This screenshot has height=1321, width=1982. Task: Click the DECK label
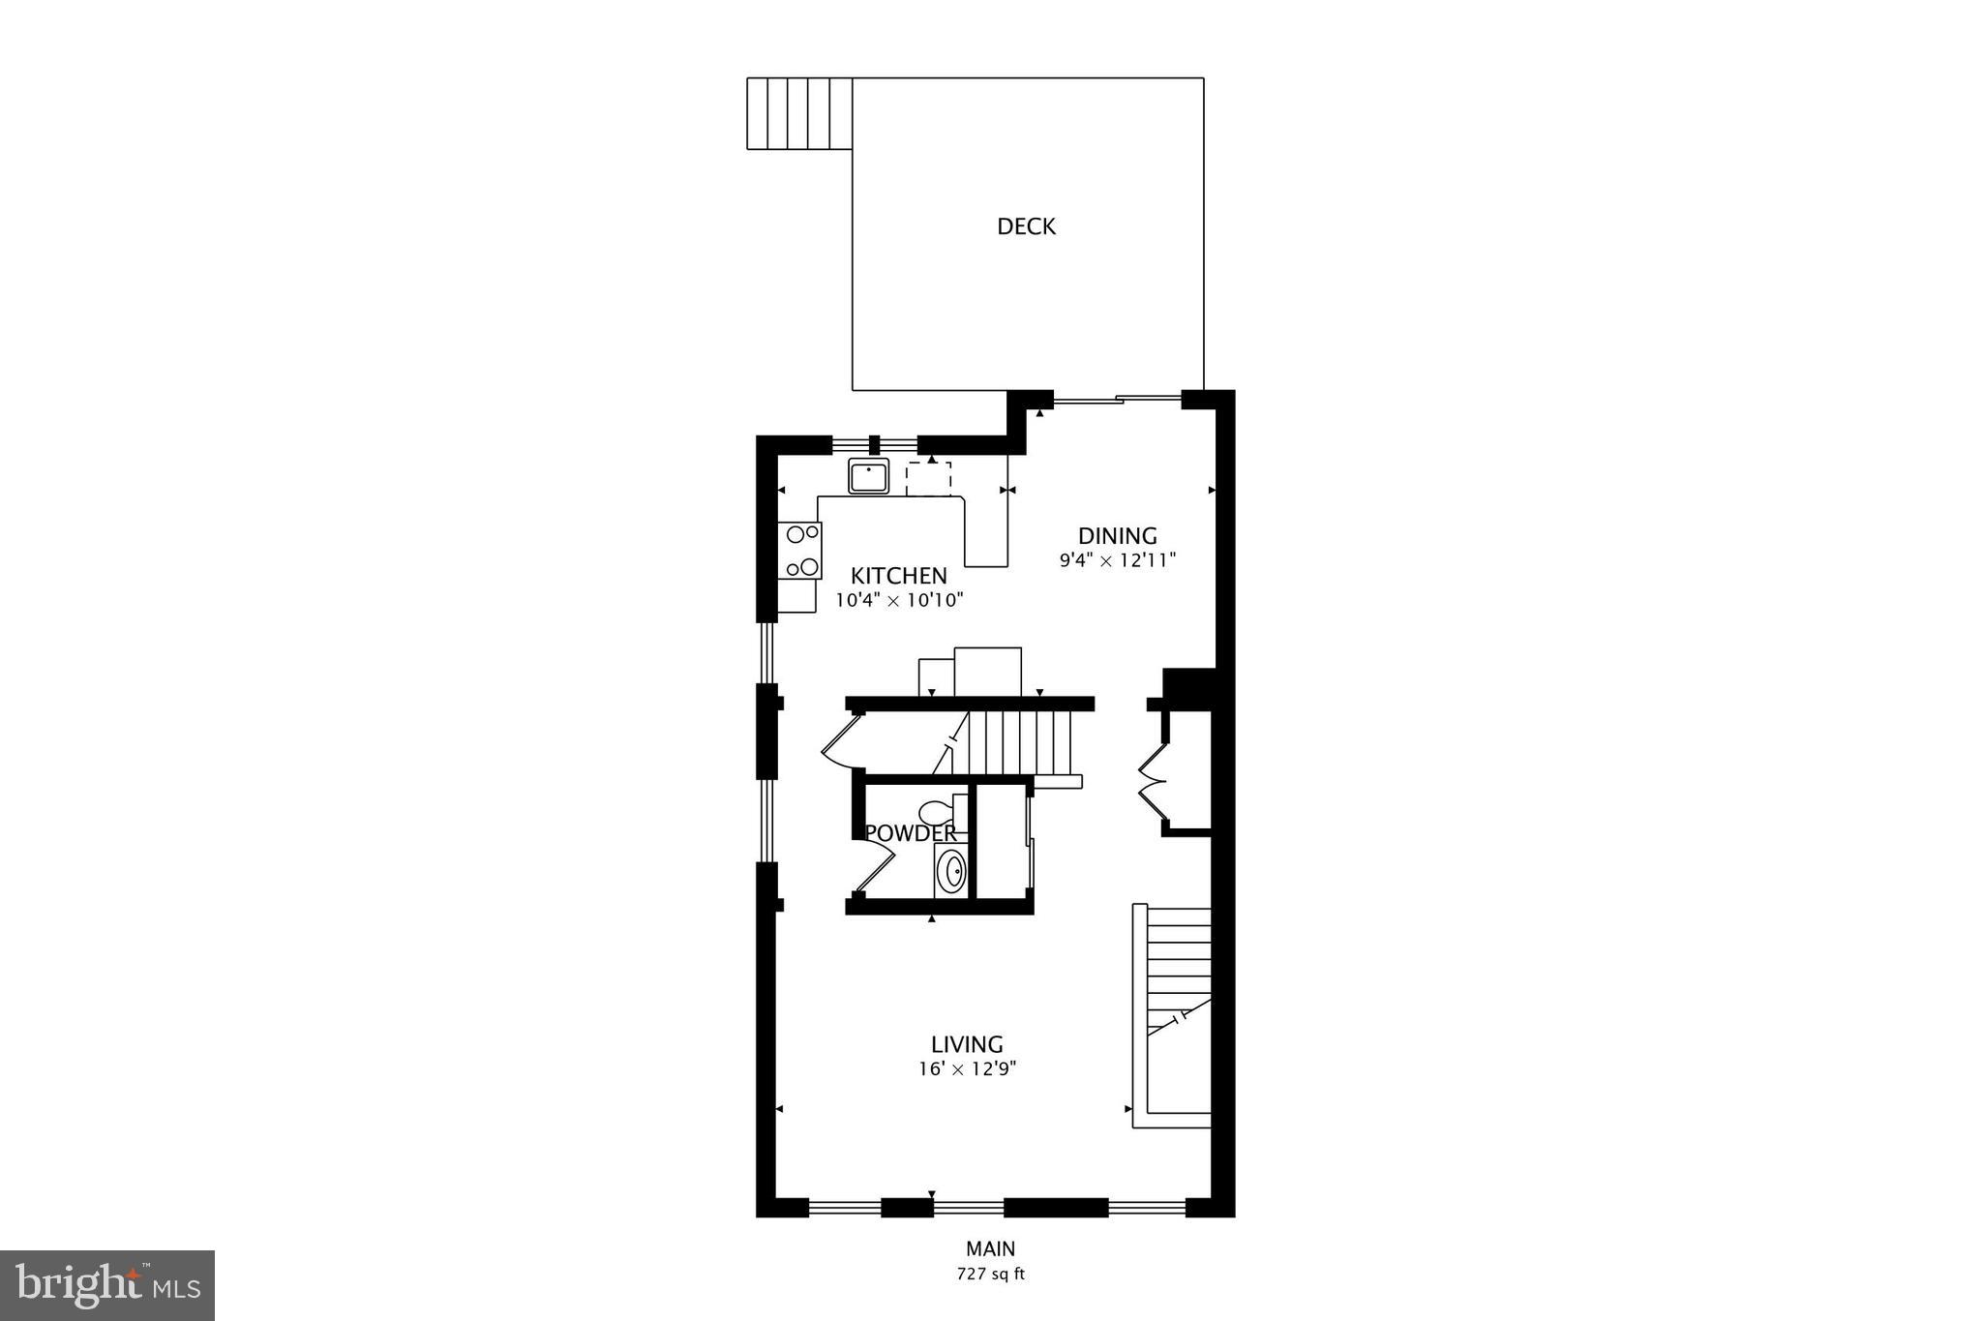pos(1026,226)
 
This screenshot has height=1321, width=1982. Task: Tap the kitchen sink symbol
pos(868,476)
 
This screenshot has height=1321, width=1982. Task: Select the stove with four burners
pos(800,551)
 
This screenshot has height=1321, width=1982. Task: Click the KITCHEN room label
pos(898,576)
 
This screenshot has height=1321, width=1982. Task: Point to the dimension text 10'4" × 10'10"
pos(899,600)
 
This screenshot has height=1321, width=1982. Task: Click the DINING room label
pos(1118,535)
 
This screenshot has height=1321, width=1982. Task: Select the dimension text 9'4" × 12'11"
pos(1117,559)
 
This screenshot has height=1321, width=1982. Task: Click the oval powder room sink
pos(952,872)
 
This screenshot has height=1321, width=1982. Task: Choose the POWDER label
pos(910,833)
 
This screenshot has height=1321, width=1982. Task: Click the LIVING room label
pos(967,1044)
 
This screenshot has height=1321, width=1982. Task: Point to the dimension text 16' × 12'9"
pos(967,1069)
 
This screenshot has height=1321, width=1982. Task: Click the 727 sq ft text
pos(990,1275)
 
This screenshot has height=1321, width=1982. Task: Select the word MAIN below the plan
pos(990,1249)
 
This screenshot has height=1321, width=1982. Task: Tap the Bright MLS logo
pos(107,1285)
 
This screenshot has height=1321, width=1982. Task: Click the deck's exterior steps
pos(799,113)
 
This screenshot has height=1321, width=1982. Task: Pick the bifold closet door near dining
pos(1153,779)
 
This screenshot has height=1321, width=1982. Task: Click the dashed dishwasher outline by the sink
pos(928,479)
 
